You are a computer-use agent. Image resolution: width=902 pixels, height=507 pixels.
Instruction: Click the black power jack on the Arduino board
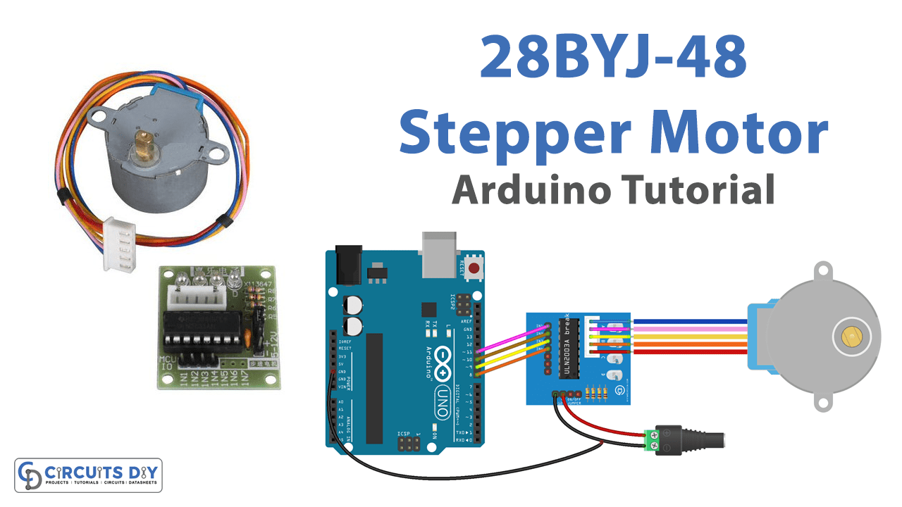point(348,263)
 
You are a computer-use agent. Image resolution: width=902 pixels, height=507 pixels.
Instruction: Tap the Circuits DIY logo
point(88,475)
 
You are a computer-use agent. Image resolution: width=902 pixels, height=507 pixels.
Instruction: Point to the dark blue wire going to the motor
point(691,322)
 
